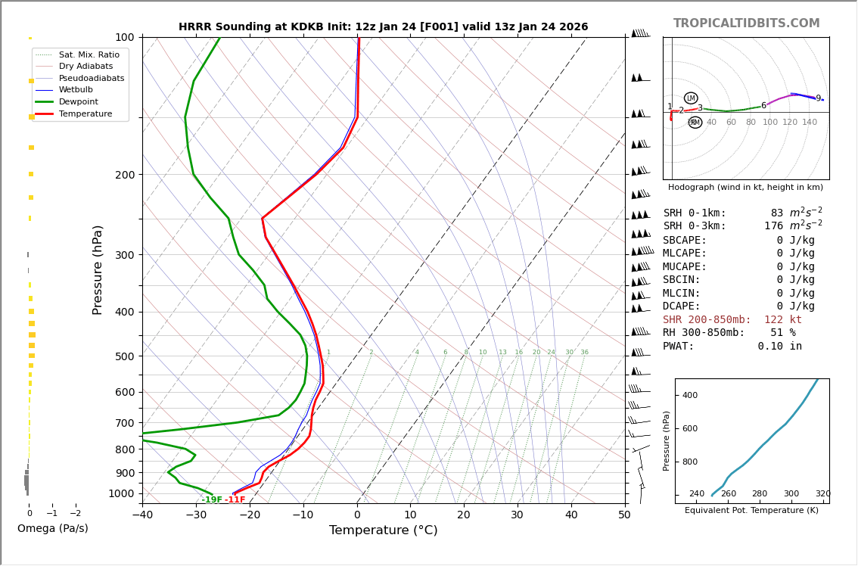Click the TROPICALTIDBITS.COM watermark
746,23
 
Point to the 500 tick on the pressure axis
124,356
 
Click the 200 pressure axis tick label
124,175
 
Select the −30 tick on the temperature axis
196,515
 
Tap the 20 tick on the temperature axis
464,515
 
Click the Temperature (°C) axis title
383,530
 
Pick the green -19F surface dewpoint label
212,500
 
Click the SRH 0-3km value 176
773,226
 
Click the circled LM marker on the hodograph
691,98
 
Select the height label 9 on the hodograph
818,98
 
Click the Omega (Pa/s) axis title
52,528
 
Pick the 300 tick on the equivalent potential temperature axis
791,494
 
